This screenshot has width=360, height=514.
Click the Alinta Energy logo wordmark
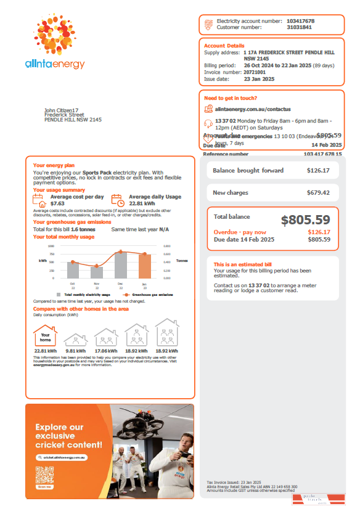click(x=55, y=64)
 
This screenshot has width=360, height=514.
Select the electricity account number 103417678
click(x=300, y=21)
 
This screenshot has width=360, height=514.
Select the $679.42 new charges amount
click(x=318, y=193)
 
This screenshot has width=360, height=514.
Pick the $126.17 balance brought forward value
click(x=318, y=171)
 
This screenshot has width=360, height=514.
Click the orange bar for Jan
click(x=144, y=266)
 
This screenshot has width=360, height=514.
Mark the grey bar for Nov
click(x=97, y=272)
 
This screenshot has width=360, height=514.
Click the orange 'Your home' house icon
click(x=45, y=337)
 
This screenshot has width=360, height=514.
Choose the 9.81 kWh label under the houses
click(x=75, y=351)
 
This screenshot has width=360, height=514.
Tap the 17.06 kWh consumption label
click(x=106, y=351)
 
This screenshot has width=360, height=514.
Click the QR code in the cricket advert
click(x=44, y=475)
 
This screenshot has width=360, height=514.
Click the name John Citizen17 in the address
click(x=62, y=110)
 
